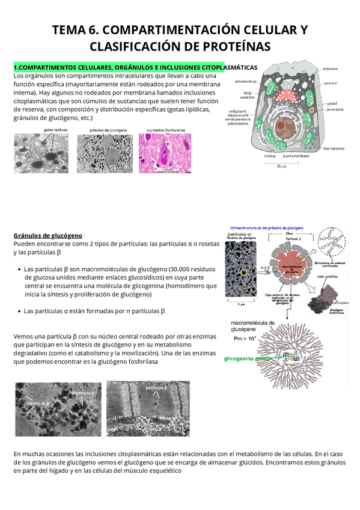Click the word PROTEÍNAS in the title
point(229,46)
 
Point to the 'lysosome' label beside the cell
point(332,83)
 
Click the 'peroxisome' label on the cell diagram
point(334,109)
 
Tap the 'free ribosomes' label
point(334,148)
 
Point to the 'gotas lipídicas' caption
point(55,130)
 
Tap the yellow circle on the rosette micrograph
point(243,272)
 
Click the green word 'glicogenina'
point(239,358)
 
